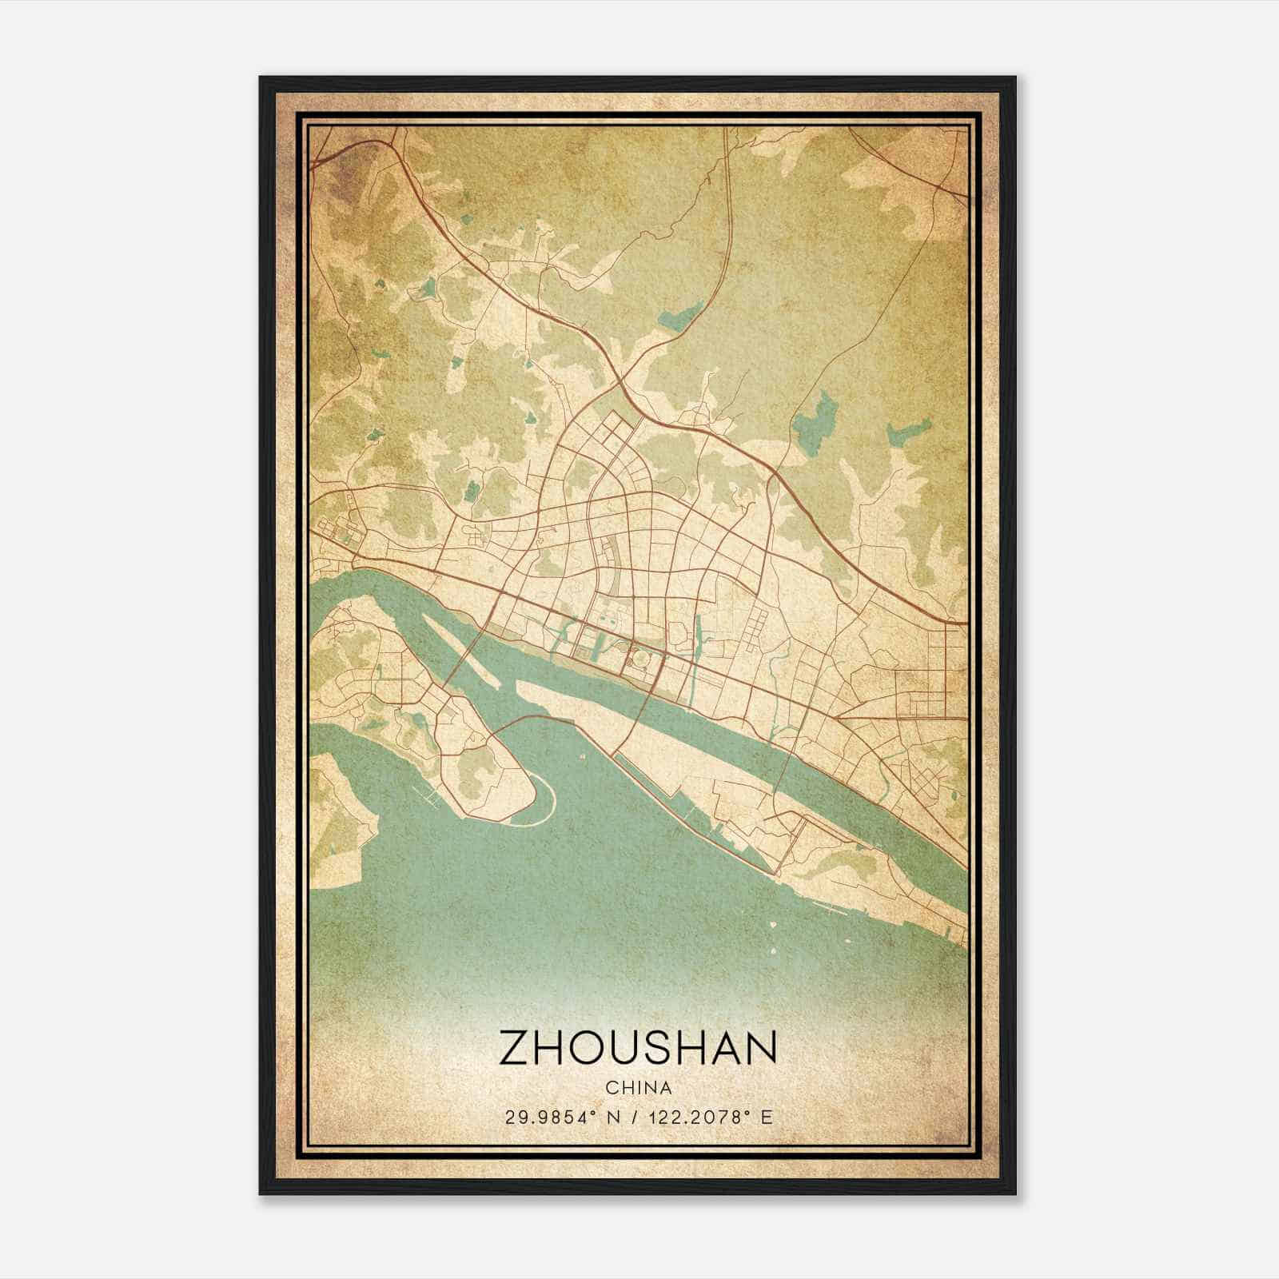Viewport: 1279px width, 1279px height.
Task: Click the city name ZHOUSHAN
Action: [638, 1048]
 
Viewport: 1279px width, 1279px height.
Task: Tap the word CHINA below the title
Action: [638, 1088]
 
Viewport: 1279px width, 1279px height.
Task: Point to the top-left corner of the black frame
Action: [261, 78]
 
